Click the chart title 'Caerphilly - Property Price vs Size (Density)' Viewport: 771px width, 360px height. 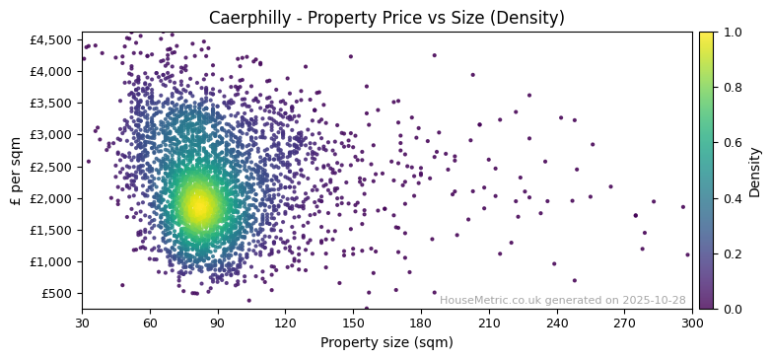(x=386, y=18)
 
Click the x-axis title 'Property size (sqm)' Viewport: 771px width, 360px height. (x=386, y=342)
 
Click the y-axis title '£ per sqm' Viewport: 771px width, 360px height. (x=16, y=171)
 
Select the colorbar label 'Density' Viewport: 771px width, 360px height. (x=754, y=171)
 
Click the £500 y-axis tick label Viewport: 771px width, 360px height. (x=57, y=293)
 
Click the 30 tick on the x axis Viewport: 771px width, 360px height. (x=82, y=322)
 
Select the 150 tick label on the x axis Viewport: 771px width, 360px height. (x=353, y=322)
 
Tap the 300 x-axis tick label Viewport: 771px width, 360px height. (x=692, y=322)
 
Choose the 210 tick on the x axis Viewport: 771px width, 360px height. (x=489, y=322)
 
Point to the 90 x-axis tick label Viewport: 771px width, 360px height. (x=218, y=322)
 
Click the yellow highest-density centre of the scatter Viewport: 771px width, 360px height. (x=200, y=206)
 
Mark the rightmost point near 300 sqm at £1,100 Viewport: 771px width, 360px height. (x=687, y=254)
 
